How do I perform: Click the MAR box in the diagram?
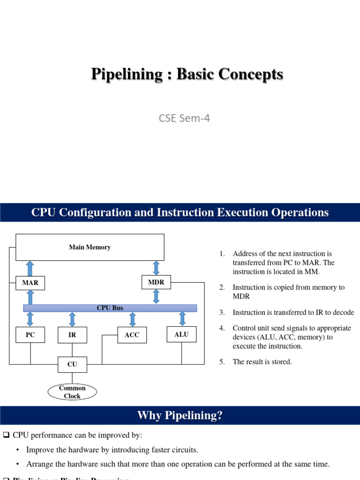click(x=30, y=283)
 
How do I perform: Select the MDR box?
click(x=156, y=282)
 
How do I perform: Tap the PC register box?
click(x=30, y=335)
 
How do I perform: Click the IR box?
click(x=72, y=335)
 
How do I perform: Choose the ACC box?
click(x=132, y=335)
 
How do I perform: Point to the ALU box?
click(x=181, y=334)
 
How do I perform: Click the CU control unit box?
click(x=72, y=364)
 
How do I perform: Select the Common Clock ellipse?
click(x=72, y=392)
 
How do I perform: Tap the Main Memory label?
click(x=90, y=247)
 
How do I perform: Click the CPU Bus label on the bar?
click(x=110, y=308)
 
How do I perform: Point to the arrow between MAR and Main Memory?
click(x=30, y=268)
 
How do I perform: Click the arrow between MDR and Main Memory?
click(x=156, y=268)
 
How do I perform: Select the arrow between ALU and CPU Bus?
click(x=182, y=319)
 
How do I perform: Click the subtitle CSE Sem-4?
click(x=184, y=118)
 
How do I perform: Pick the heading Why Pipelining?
click(x=180, y=415)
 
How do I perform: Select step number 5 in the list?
click(x=222, y=362)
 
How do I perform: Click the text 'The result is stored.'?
click(x=262, y=362)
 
